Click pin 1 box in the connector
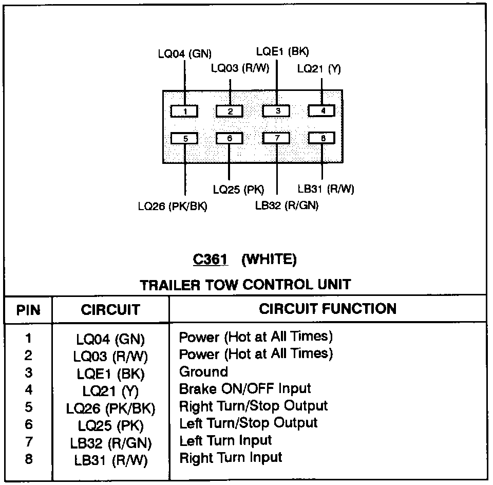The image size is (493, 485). [x=184, y=111]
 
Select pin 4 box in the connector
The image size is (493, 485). [x=321, y=110]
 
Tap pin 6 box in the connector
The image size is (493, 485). [x=230, y=138]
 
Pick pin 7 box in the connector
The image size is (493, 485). [x=276, y=138]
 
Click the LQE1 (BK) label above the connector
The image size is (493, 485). [x=282, y=51]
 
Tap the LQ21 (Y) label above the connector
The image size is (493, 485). [x=319, y=69]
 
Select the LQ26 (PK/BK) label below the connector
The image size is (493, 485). [x=172, y=207]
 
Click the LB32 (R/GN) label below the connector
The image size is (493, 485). [x=287, y=206]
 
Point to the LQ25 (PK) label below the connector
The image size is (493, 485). [x=238, y=190]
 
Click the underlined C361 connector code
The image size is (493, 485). [x=210, y=260]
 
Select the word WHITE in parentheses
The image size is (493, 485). [x=269, y=260]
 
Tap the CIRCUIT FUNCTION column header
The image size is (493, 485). [x=328, y=309]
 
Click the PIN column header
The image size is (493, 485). [x=28, y=310]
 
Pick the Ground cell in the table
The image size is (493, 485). [x=203, y=371]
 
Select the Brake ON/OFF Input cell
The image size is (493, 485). [x=245, y=389]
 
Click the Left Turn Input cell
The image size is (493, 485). [x=225, y=440]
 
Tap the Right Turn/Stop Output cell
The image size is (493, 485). [x=253, y=406]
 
